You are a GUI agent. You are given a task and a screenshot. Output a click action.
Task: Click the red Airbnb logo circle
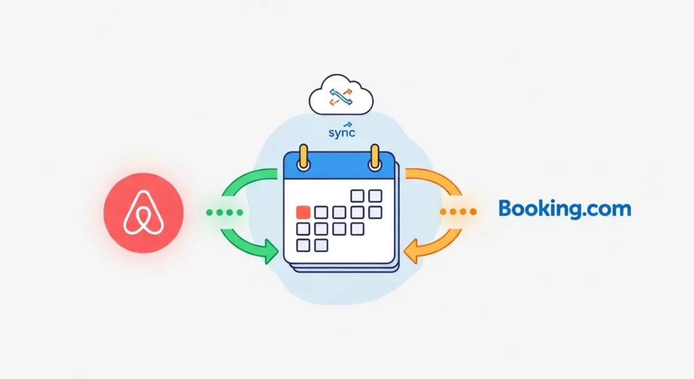click(x=144, y=212)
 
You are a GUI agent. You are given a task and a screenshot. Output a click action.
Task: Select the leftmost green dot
click(x=210, y=212)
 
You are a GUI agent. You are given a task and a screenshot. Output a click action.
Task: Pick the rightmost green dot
click(x=239, y=212)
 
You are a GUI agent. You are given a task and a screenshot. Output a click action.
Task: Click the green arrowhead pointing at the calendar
click(x=272, y=255)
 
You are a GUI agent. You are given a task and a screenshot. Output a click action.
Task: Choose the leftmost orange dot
click(x=444, y=212)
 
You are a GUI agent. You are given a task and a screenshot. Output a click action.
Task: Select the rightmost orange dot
click(x=473, y=212)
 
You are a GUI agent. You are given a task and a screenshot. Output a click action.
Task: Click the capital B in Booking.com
click(x=505, y=207)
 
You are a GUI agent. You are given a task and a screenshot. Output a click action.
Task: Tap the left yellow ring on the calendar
click(x=304, y=158)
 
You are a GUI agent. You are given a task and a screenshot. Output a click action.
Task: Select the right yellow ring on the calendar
click(x=373, y=157)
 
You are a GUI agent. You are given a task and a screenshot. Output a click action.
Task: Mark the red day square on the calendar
click(x=304, y=212)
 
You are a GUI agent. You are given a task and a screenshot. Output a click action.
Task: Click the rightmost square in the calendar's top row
click(x=375, y=196)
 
